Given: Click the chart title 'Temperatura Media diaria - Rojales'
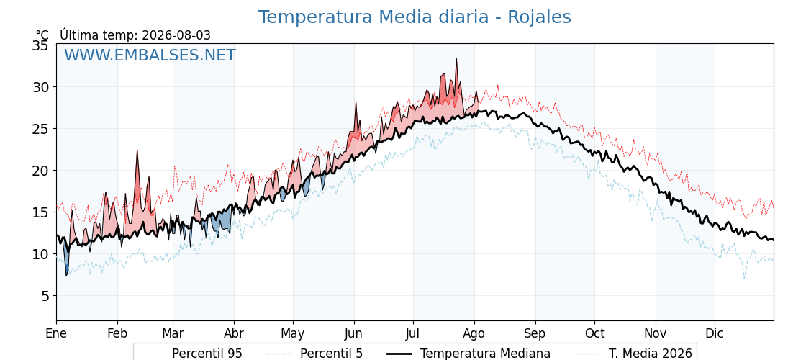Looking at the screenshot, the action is (415, 17).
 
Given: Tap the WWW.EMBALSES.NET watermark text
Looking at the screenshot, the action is (150, 55).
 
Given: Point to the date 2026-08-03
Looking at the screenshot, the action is (176, 35).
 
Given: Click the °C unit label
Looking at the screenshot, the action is (42, 35).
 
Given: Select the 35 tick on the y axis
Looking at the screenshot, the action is (40, 45).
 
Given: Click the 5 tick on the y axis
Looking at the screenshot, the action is (45, 296).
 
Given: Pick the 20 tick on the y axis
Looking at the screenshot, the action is (40, 170).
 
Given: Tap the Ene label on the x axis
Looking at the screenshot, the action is (56, 333).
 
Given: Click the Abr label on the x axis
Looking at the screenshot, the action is (234, 333).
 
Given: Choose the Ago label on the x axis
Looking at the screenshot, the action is (474, 333).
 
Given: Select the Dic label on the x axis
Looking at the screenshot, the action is (714, 333).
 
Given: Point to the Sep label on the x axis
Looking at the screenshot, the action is (535, 333).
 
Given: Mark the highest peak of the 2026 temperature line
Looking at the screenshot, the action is (456, 58).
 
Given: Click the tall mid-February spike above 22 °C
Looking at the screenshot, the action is (137, 150).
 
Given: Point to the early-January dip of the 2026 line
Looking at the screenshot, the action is (66, 276).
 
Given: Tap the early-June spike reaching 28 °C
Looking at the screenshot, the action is (356, 103).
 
